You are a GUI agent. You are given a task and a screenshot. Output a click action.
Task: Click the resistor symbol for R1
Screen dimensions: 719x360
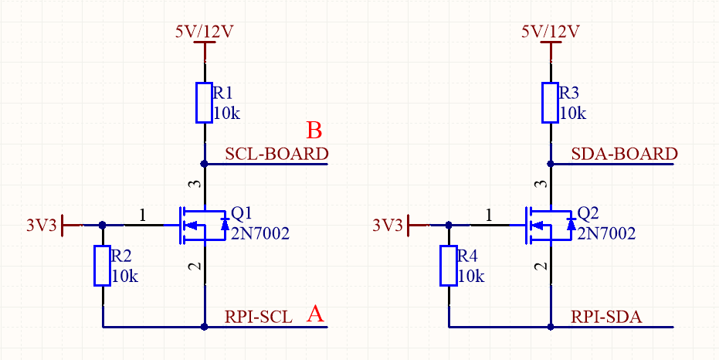[204, 103]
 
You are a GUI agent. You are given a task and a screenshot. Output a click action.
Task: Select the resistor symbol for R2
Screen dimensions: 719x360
[102, 266]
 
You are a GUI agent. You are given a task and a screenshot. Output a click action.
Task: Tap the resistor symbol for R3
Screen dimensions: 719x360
[550, 103]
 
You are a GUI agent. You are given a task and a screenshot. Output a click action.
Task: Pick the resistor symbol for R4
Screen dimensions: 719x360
[449, 266]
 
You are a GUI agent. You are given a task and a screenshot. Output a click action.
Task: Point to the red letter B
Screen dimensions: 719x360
[314, 131]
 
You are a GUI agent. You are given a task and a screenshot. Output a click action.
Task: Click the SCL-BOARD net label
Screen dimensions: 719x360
[277, 154]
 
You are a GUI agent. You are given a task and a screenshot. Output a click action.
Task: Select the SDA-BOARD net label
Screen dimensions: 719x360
[624, 154]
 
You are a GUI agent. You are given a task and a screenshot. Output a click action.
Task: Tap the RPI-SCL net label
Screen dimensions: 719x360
[259, 318]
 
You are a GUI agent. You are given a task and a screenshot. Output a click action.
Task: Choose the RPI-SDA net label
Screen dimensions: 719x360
[607, 318]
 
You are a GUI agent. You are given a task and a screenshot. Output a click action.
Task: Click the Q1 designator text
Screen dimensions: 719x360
[242, 213]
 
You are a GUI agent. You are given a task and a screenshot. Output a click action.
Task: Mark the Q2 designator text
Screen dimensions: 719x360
[588, 213]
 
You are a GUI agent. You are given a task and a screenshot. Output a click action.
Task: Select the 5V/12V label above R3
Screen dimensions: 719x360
[551, 32]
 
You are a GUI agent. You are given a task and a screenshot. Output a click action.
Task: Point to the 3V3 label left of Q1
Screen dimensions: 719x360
[42, 226]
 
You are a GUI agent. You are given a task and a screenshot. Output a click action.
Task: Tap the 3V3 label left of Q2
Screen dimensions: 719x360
[388, 226]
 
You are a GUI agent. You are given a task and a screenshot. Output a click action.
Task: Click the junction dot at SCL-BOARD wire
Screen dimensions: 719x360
[205, 163]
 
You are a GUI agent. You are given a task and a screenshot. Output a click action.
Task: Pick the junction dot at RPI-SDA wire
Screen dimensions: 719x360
[551, 327]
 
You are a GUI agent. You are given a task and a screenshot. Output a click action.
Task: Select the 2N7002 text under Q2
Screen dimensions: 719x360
[607, 234]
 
